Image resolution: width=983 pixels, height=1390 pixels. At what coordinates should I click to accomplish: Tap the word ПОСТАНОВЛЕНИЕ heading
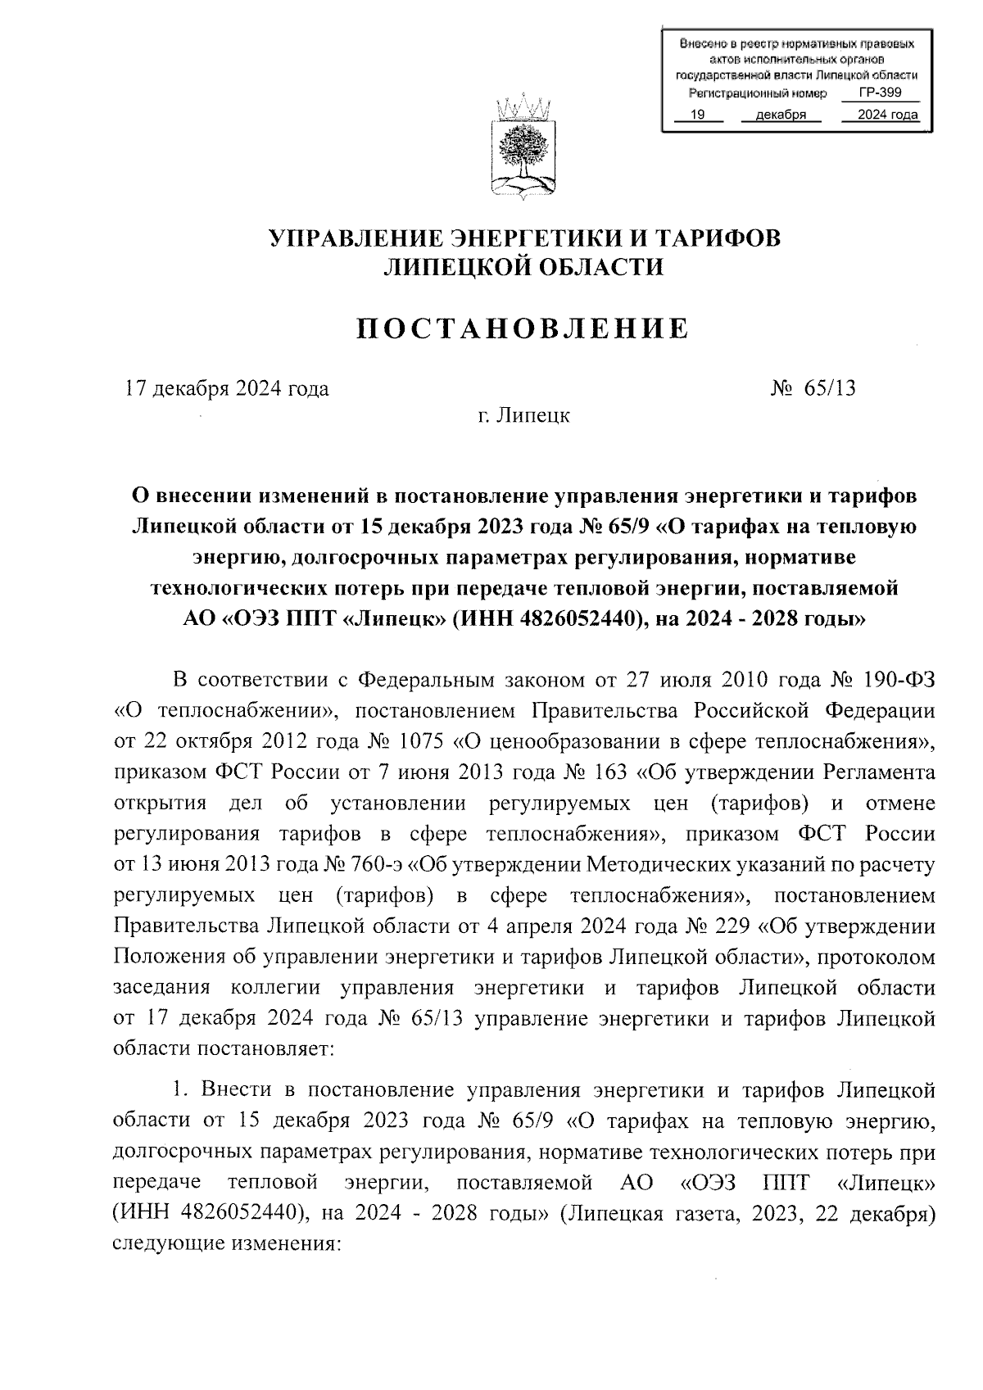pyautogui.click(x=523, y=328)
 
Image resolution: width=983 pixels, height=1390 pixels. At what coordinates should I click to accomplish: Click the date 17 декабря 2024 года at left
pyautogui.click(x=227, y=388)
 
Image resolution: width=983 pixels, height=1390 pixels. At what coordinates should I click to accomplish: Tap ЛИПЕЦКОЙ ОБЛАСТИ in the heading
pyautogui.click(x=523, y=267)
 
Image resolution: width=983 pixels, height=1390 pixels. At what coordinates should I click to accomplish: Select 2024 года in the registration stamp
pyautogui.click(x=887, y=115)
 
